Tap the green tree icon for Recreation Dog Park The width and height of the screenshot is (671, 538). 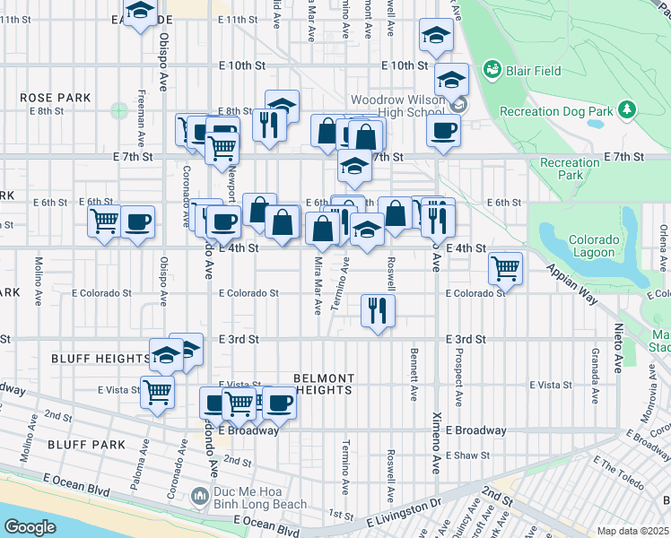pyautogui.click(x=627, y=110)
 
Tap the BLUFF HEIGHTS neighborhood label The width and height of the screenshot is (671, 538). pyautogui.click(x=100, y=359)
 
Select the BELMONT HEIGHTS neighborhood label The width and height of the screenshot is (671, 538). pyautogui.click(x=324, y=385)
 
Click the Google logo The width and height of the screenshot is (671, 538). pyautogui.click(x=30, y=526)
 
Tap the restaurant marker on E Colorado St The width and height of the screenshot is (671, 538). pyautogui.click(x=378, y=310)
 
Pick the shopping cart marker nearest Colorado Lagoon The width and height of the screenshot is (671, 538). pyautogui.click(x=506, y=267)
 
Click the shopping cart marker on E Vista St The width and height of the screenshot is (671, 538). pyautogui.click(x=158, y=391)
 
